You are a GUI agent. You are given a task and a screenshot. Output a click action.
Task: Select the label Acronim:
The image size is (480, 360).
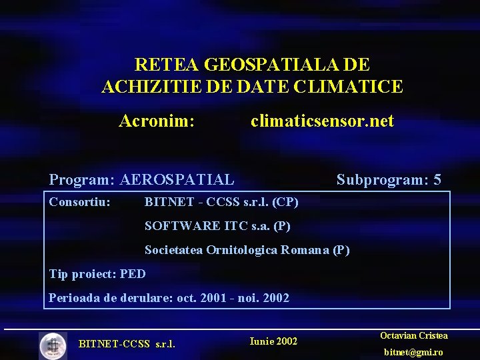[x=157, y=121]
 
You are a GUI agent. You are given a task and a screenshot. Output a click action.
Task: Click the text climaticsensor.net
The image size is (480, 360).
[x=322, y=121]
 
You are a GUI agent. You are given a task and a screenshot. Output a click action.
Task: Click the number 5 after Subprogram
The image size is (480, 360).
[x=437, y=179]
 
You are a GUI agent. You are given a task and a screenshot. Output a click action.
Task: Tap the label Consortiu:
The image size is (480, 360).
[x=80, y=201]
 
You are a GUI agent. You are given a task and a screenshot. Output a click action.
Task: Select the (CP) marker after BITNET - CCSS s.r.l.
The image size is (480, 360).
[x=285, y=201]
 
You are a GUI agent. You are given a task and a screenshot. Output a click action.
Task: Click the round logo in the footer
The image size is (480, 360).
[x=53, y=345]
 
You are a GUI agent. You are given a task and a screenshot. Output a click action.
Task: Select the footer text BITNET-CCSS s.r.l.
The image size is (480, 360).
[x=127, y=345]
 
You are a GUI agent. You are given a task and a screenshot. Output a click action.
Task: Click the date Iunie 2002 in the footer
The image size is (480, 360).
[x=273, y=341]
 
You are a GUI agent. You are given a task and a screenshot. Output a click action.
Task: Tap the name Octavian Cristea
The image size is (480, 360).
[x=413, y=336]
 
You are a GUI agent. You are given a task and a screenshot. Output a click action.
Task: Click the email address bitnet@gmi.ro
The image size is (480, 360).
[x=414, y=352]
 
